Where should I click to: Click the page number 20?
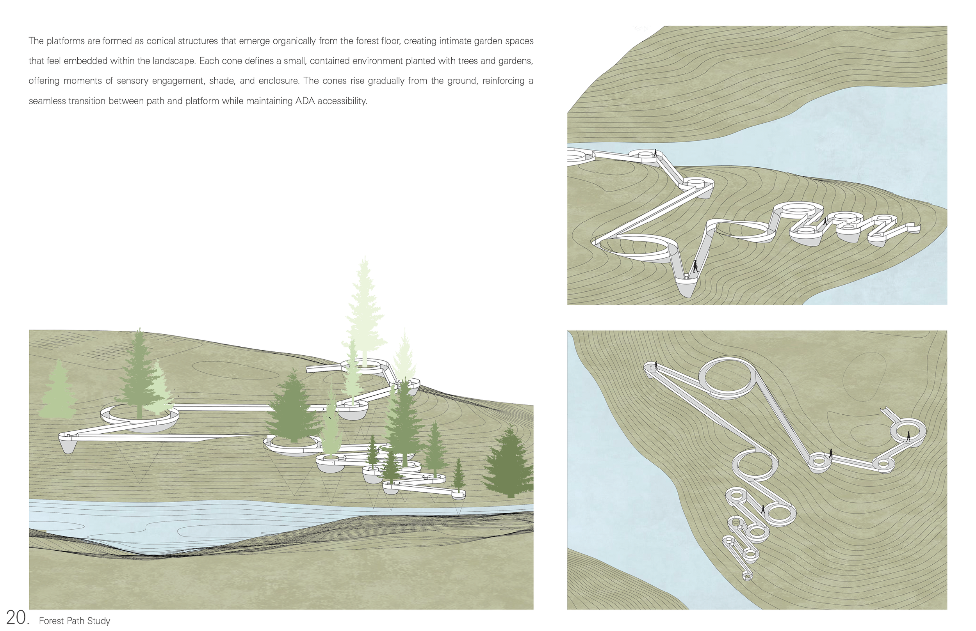tap(17, 617)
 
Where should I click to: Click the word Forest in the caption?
tap(51, 621)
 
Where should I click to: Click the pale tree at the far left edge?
tap(59, 391)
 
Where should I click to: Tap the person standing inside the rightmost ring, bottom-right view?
tap(908, 436)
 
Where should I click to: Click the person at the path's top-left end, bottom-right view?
tap(656, 364)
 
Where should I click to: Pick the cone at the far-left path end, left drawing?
tap(68, 445)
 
